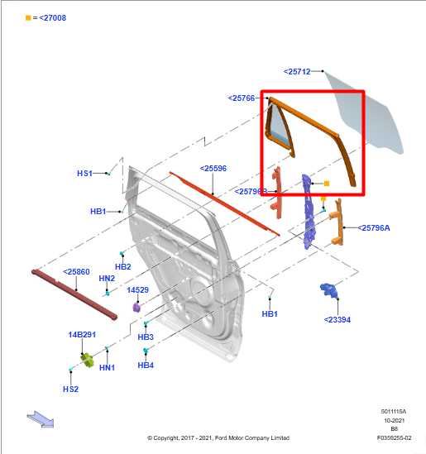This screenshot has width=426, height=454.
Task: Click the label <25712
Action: point(297,72)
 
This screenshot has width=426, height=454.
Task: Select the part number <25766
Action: point(242,98)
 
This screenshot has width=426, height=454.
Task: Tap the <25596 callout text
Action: point(213,169)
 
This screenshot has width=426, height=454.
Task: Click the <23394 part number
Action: point(337,319)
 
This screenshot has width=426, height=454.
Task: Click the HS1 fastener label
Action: point(85,174)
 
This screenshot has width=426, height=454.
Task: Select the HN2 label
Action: point(107,279)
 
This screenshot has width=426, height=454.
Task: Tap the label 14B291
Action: point(82,335)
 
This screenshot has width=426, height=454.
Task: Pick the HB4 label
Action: point(146,365)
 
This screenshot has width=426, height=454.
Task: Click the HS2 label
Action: point(71,389)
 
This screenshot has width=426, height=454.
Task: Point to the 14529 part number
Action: point(137,290)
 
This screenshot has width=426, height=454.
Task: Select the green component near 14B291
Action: point(87,360)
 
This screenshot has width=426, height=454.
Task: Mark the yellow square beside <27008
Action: point(28,17)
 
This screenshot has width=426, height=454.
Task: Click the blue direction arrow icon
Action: point(41,419)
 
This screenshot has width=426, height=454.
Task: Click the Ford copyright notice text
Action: point(228,437)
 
